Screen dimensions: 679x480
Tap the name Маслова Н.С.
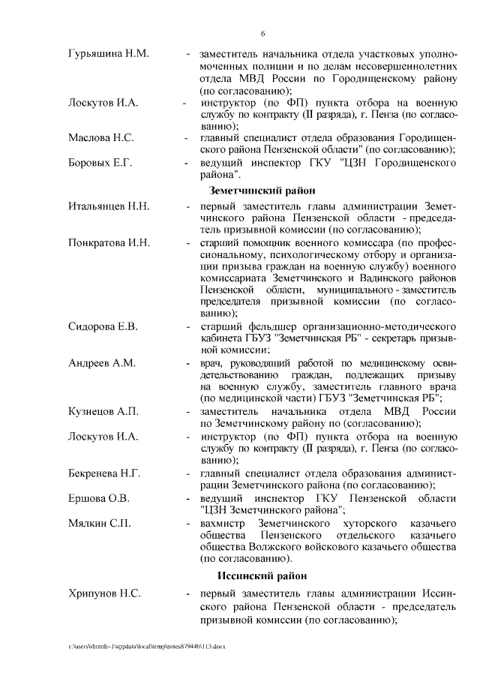(101, 138)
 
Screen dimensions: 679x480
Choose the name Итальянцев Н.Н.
(109, 206)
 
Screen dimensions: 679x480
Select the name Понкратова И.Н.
(109, 244)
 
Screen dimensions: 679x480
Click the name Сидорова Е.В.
(103, 327)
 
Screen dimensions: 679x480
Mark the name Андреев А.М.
(101, 363)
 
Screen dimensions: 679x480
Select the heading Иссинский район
(257, 576)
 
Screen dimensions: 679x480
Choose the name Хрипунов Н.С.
(103, 593)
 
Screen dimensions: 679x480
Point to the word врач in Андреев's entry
(212, 363)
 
